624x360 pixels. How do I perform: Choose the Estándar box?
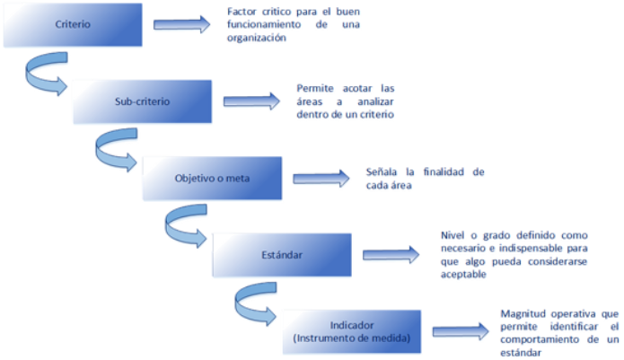point(282,255)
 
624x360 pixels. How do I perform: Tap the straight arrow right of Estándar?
point(390,255)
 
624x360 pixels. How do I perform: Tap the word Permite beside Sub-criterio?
point(313,89)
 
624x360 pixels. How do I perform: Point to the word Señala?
point(382,171)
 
